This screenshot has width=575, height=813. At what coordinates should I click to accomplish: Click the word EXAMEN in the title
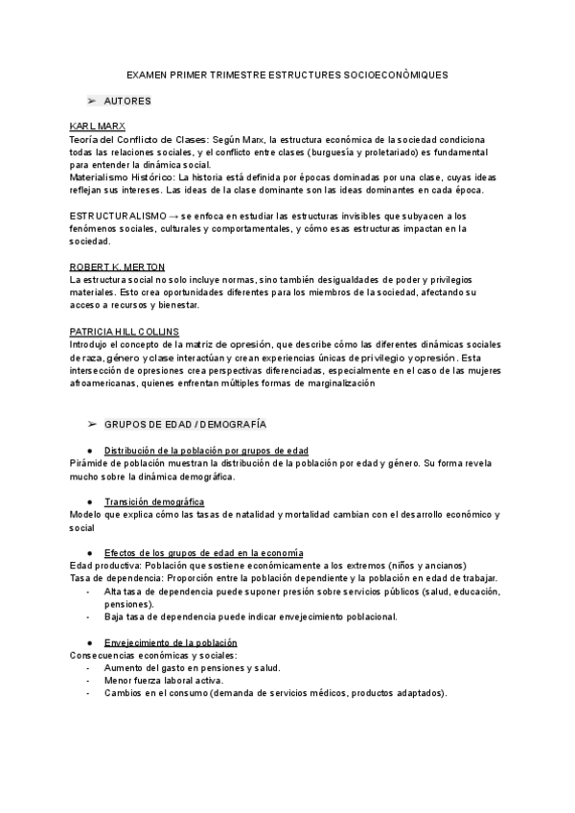point(146,73)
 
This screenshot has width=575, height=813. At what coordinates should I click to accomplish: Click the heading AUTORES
point(126,101)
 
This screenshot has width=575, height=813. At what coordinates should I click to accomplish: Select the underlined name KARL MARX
point(98,127)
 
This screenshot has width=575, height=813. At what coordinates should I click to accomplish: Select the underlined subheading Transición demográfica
point(154,501)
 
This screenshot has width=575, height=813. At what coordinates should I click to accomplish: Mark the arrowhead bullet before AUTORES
point(92,101)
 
